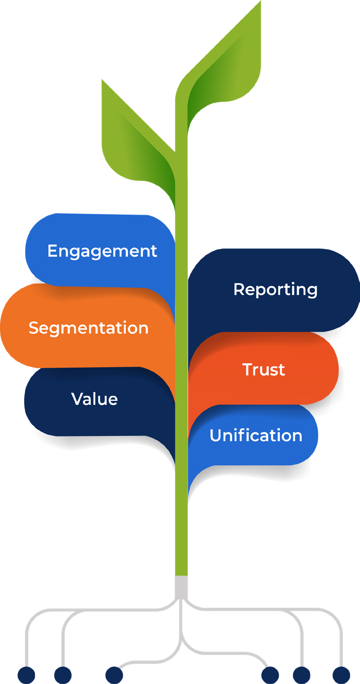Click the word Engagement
pyautogui.click(x=102, y=251)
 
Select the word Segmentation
pyautogui.click(x=88, y=328)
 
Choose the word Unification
pyautogui.click(x=256, y=436)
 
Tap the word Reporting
pyautogui.click(x=275, y=289)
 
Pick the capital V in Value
pyautogui.click(x=77, y=399)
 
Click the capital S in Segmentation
pyautogui.click(x=33, y=328)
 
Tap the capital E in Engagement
pyautogui.click(x=52, y=251)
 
